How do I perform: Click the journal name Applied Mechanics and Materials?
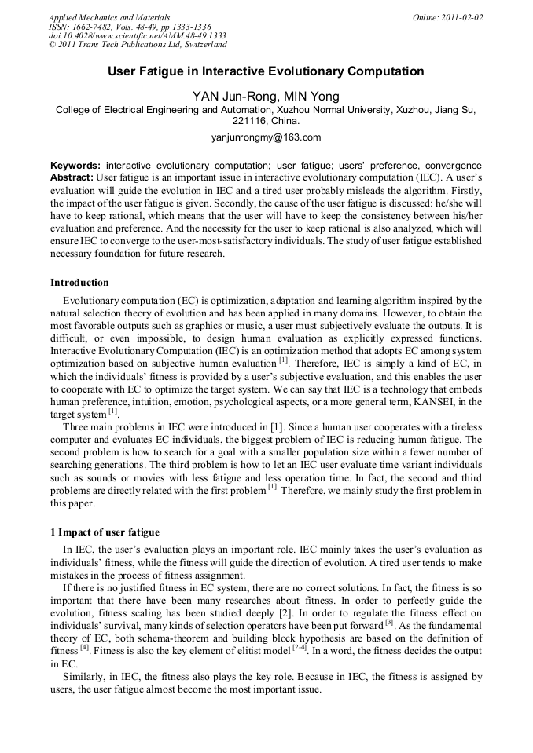109,16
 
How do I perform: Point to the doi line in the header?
137,35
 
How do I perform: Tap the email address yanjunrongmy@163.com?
266,137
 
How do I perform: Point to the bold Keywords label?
75,166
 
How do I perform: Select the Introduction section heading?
79,283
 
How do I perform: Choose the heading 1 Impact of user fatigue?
105,533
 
